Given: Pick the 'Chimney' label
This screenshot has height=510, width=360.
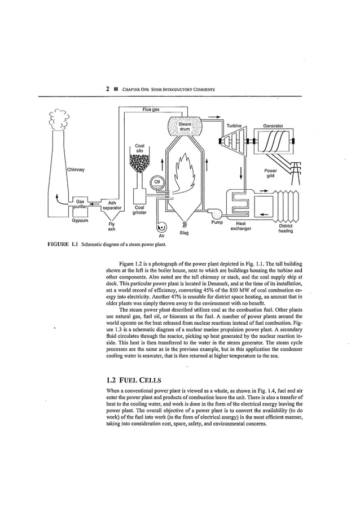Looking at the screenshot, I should point(76,169).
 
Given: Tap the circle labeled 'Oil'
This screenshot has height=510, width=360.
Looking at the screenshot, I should point(157,181).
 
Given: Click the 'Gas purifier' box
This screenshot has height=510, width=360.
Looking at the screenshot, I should point(80,204).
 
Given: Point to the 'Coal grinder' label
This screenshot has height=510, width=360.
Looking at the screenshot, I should point(139,210).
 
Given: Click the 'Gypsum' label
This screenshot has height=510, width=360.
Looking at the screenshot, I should point(81,221).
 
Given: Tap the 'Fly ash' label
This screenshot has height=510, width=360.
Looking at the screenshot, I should point(112,226).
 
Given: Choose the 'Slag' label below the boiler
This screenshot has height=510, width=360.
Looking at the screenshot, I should point(184,232).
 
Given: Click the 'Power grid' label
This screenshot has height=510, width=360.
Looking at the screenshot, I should point(271,172).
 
